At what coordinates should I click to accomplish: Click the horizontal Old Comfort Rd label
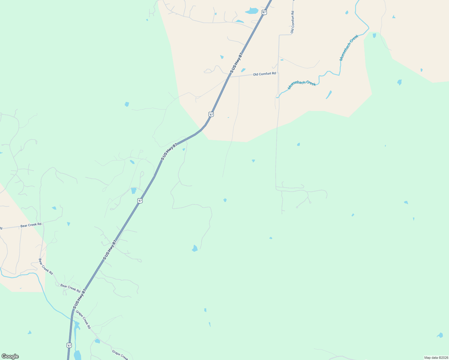264,74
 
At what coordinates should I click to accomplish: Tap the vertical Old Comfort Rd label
292,22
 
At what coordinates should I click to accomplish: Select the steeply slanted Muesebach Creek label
349,48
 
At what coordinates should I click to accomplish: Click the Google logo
10,356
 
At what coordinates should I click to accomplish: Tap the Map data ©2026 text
436,358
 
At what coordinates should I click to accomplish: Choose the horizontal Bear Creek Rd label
31,225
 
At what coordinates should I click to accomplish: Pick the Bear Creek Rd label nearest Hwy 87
70,288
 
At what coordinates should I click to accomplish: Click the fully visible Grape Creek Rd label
83,319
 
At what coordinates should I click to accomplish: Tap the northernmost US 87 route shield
264,12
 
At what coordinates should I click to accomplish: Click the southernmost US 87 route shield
70,346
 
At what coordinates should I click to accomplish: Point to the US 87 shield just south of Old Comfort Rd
211,114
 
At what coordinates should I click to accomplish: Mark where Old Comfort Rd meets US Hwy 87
229,77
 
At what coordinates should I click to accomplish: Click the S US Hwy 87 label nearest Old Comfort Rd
236,63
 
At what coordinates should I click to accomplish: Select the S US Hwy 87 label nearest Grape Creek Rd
80,298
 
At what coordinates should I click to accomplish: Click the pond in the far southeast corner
440,335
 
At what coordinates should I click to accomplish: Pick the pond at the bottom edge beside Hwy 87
77,355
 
